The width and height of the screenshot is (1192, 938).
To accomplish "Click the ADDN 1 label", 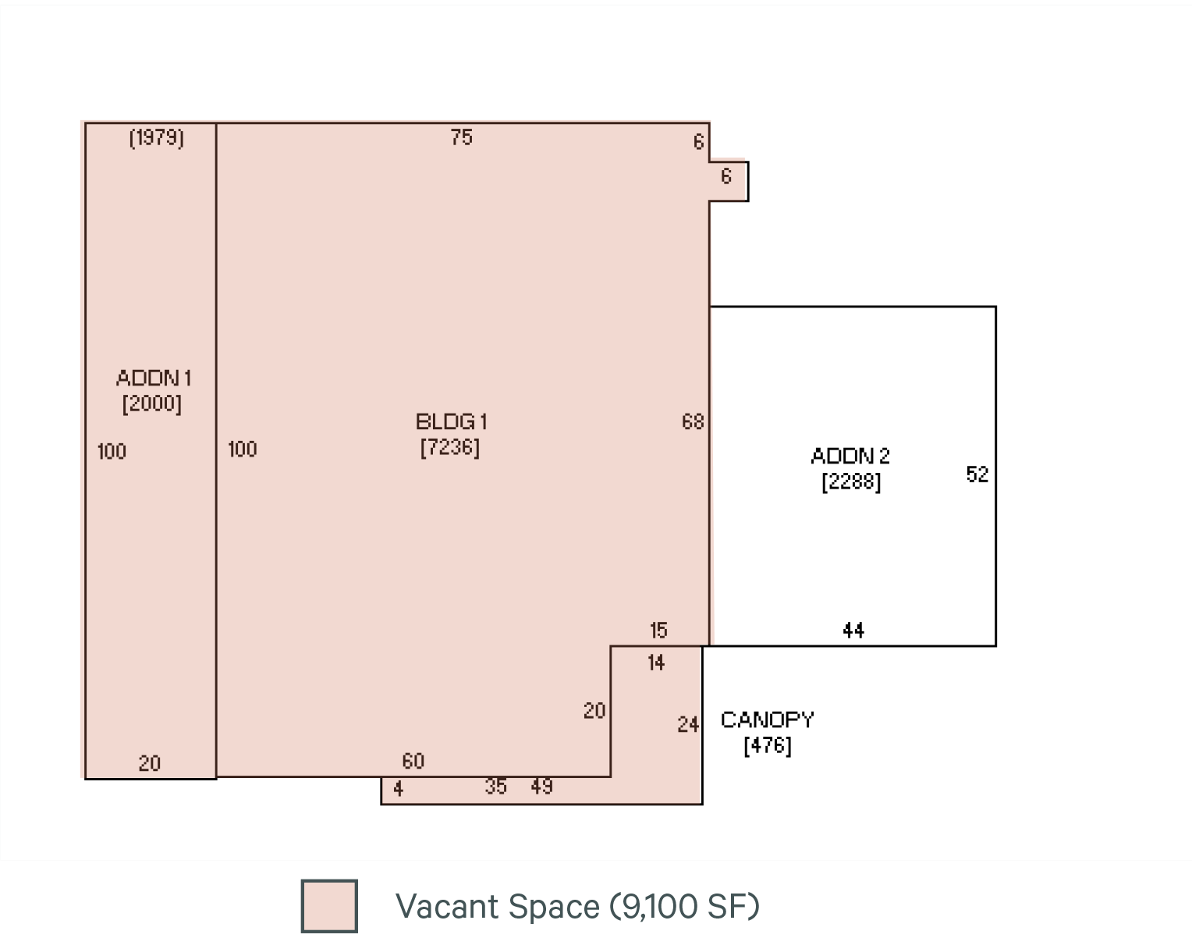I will click(154, 378).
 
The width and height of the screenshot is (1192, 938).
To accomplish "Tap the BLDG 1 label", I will click(451, 422).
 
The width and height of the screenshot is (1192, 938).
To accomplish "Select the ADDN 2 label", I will click(850, 456).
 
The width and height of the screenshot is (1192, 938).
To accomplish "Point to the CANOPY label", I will click(768, 719).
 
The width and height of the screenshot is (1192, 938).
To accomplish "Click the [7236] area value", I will click(450, 448).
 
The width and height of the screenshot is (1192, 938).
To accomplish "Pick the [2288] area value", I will click(851, 481).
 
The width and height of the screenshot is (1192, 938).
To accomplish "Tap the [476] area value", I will click(768, 745).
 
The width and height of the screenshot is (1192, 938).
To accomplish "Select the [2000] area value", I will click(152, 403).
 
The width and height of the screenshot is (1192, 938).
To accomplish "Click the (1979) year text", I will click(157, 138).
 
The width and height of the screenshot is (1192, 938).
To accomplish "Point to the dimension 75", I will click(462, 137).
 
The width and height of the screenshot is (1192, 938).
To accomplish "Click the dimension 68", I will click(693, 422).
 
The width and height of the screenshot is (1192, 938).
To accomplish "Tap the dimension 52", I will click(977, 474).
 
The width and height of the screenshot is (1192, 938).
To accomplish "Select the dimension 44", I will click(853, 630).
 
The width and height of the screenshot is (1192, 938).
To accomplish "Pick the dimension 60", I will click(413, 761).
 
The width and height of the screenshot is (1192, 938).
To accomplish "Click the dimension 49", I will click(542, 787).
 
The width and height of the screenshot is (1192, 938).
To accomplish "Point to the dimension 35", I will click(496, 787).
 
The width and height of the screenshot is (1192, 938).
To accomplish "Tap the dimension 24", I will click(687, 725).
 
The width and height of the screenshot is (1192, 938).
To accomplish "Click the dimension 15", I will click(658, 630).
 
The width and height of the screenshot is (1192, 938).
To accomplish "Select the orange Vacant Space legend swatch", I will click(329, 905).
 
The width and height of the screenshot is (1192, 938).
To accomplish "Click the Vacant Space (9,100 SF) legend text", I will click(577, 906).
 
